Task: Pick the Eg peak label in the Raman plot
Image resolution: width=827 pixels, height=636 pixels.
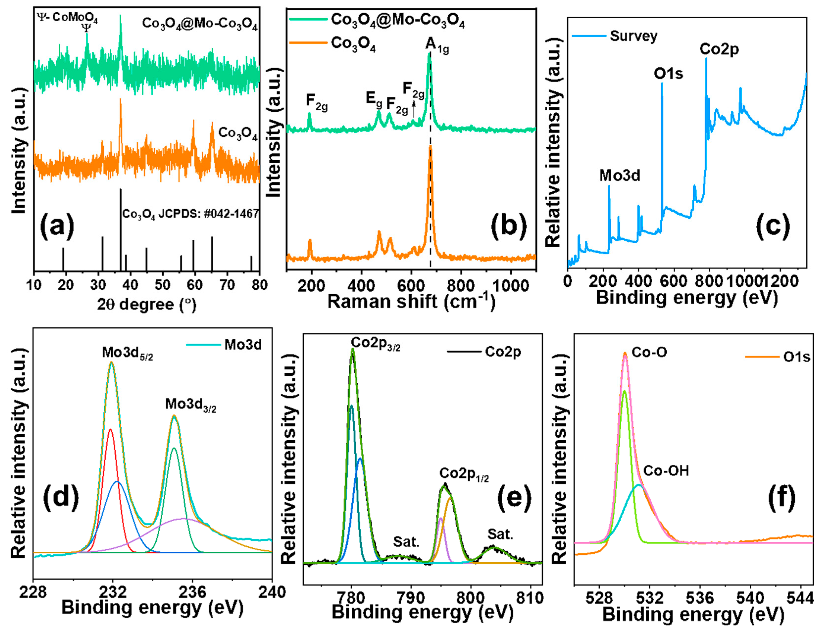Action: (x=374, y=99)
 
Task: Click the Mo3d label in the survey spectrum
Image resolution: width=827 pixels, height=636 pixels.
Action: (x=620, y=175)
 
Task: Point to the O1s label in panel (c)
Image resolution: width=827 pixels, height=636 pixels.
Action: (x=668, y=74)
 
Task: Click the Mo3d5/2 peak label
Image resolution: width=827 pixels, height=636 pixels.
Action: (x=127, y=353)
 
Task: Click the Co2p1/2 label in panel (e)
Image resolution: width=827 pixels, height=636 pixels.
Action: (x=464, y=474)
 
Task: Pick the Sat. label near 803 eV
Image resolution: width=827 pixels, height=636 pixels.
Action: (x=500, y=534)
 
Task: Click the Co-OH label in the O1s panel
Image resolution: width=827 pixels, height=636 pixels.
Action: (x=666, y=471)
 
